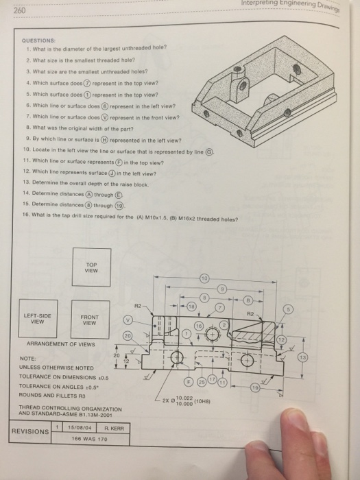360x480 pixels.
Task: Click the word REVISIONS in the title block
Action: point(29,432)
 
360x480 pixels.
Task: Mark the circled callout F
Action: point(188,382)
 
